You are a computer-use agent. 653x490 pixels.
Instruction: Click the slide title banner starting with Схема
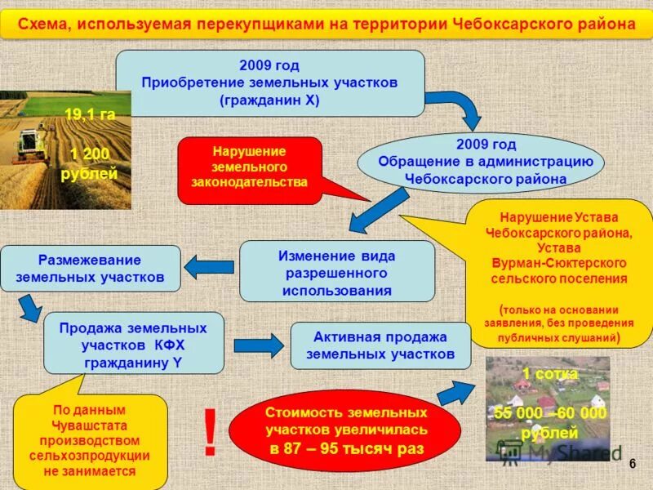coord(326,24)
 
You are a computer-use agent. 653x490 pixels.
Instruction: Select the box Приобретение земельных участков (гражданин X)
coord(269,82)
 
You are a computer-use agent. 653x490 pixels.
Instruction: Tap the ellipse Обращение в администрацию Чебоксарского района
coord(480,163)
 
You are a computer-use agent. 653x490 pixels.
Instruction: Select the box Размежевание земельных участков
coord(90,269)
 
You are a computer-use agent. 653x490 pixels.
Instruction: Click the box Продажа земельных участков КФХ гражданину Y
coord(133,343)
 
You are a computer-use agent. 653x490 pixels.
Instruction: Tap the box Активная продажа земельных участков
coord(380,345)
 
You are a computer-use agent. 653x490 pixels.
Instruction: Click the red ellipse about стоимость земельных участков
coord(346,430)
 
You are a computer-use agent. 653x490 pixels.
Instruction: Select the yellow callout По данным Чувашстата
coord(90,441)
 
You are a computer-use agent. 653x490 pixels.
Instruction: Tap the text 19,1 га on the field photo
coord(90,116)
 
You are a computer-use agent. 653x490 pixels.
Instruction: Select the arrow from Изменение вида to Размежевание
coord(211,266)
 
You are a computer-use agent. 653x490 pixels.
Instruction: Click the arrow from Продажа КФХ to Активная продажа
coord(258,344)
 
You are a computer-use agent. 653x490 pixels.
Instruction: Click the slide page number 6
coord(632,463)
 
